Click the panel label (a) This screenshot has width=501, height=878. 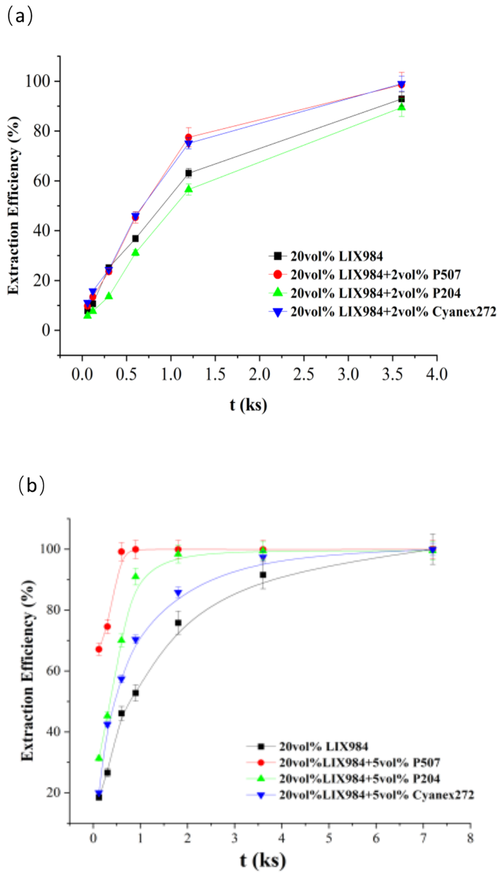pos(20,16)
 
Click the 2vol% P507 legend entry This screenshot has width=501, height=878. pos(375,274)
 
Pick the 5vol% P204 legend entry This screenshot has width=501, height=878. pos(359,778)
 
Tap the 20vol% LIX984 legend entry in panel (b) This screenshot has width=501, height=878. pos(323,746)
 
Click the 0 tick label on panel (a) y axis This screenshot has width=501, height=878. pos(46,330)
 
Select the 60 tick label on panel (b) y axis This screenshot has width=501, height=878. pos(54,671)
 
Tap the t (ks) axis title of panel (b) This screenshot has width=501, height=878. pos(263,860)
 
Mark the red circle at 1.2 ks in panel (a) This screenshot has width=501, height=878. pos(188,137)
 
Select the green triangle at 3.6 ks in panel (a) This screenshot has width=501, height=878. pos(401,107)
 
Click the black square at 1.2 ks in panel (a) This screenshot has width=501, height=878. pos(188,173)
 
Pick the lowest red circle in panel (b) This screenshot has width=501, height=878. pos(99,649)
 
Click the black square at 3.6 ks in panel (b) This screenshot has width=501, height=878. pos(263,575)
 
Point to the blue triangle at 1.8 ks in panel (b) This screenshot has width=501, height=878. pos(178,593)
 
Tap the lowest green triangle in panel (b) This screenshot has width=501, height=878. pos(99,758)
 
